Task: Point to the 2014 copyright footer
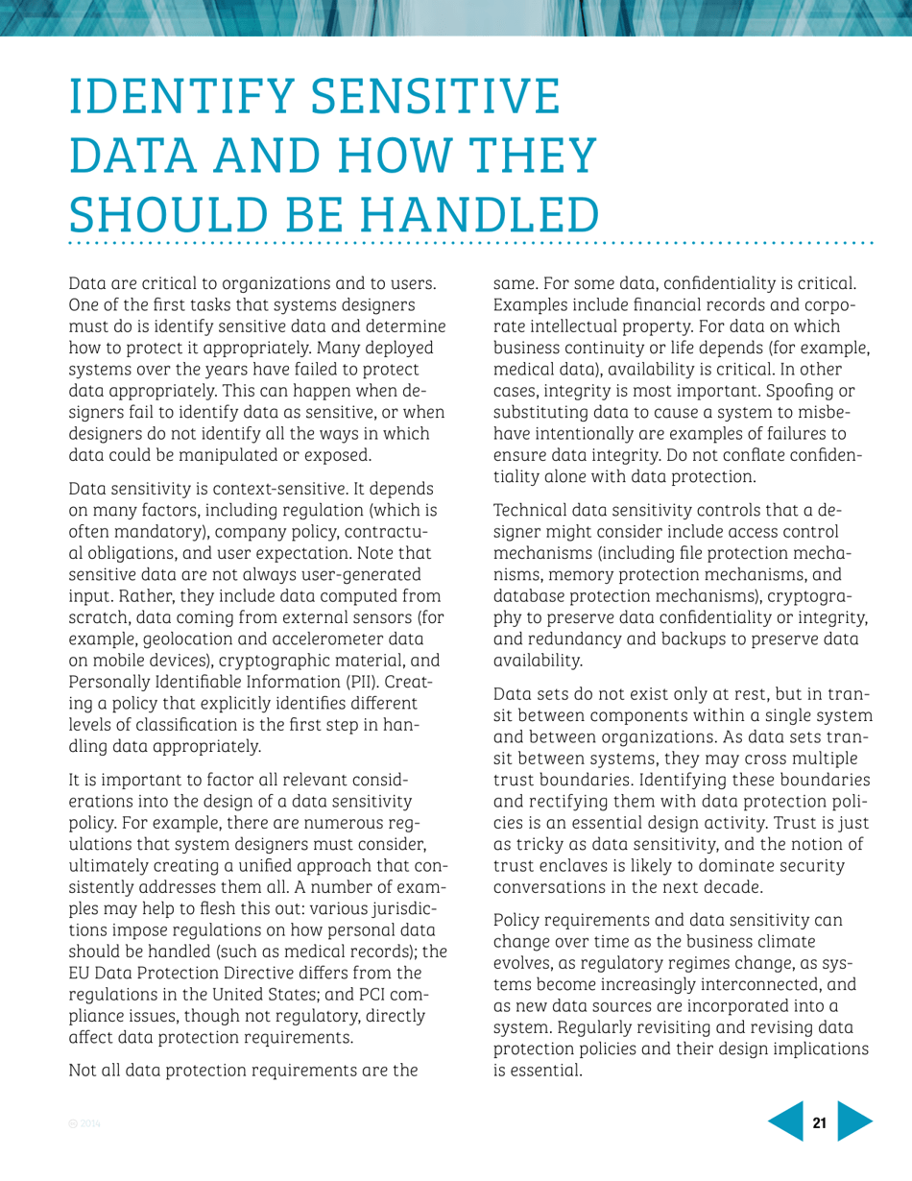(x=84, y=1122)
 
